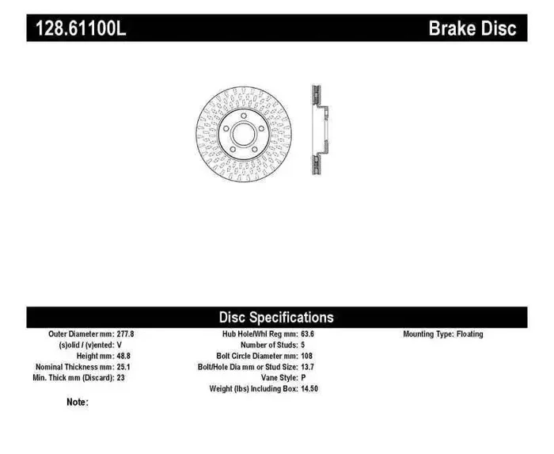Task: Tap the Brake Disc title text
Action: point(472,29)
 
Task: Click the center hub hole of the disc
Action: point(244,133)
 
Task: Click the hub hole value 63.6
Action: point(308,334)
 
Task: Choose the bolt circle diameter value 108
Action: point(306,357)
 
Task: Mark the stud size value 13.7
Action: point(308,368)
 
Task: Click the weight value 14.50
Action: point(310,390)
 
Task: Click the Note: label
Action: point(78,402)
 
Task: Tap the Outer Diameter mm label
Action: point(70,334)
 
